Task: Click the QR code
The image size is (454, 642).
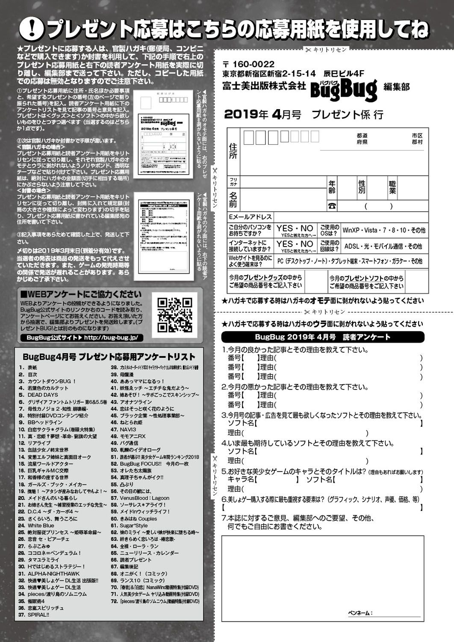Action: pos(175,315)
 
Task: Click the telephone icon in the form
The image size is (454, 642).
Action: pos(332,206)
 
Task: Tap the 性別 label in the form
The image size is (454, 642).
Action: pos(362,187)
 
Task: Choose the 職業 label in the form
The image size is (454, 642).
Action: pos(392,187)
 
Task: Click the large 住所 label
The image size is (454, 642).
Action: pos(233,151)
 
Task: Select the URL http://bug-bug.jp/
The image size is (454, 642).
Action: pos(111,338)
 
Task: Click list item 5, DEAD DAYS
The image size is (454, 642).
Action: pos(43,395)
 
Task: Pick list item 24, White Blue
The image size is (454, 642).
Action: pos(41,525)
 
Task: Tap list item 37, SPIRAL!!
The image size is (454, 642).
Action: pos(38,615)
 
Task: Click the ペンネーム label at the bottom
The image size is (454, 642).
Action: pos(360,613)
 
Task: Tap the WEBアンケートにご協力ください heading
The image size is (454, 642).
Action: pos(81,294)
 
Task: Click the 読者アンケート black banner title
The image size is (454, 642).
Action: pos(323,337)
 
